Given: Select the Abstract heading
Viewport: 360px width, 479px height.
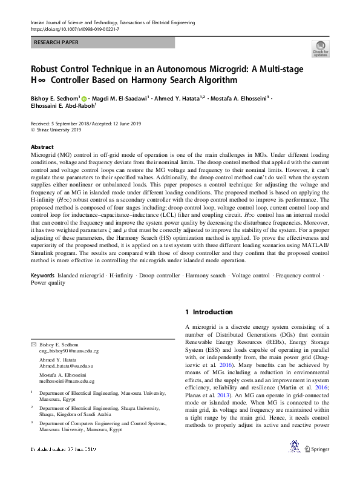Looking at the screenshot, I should pyautogui.click(x=42, y=147).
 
